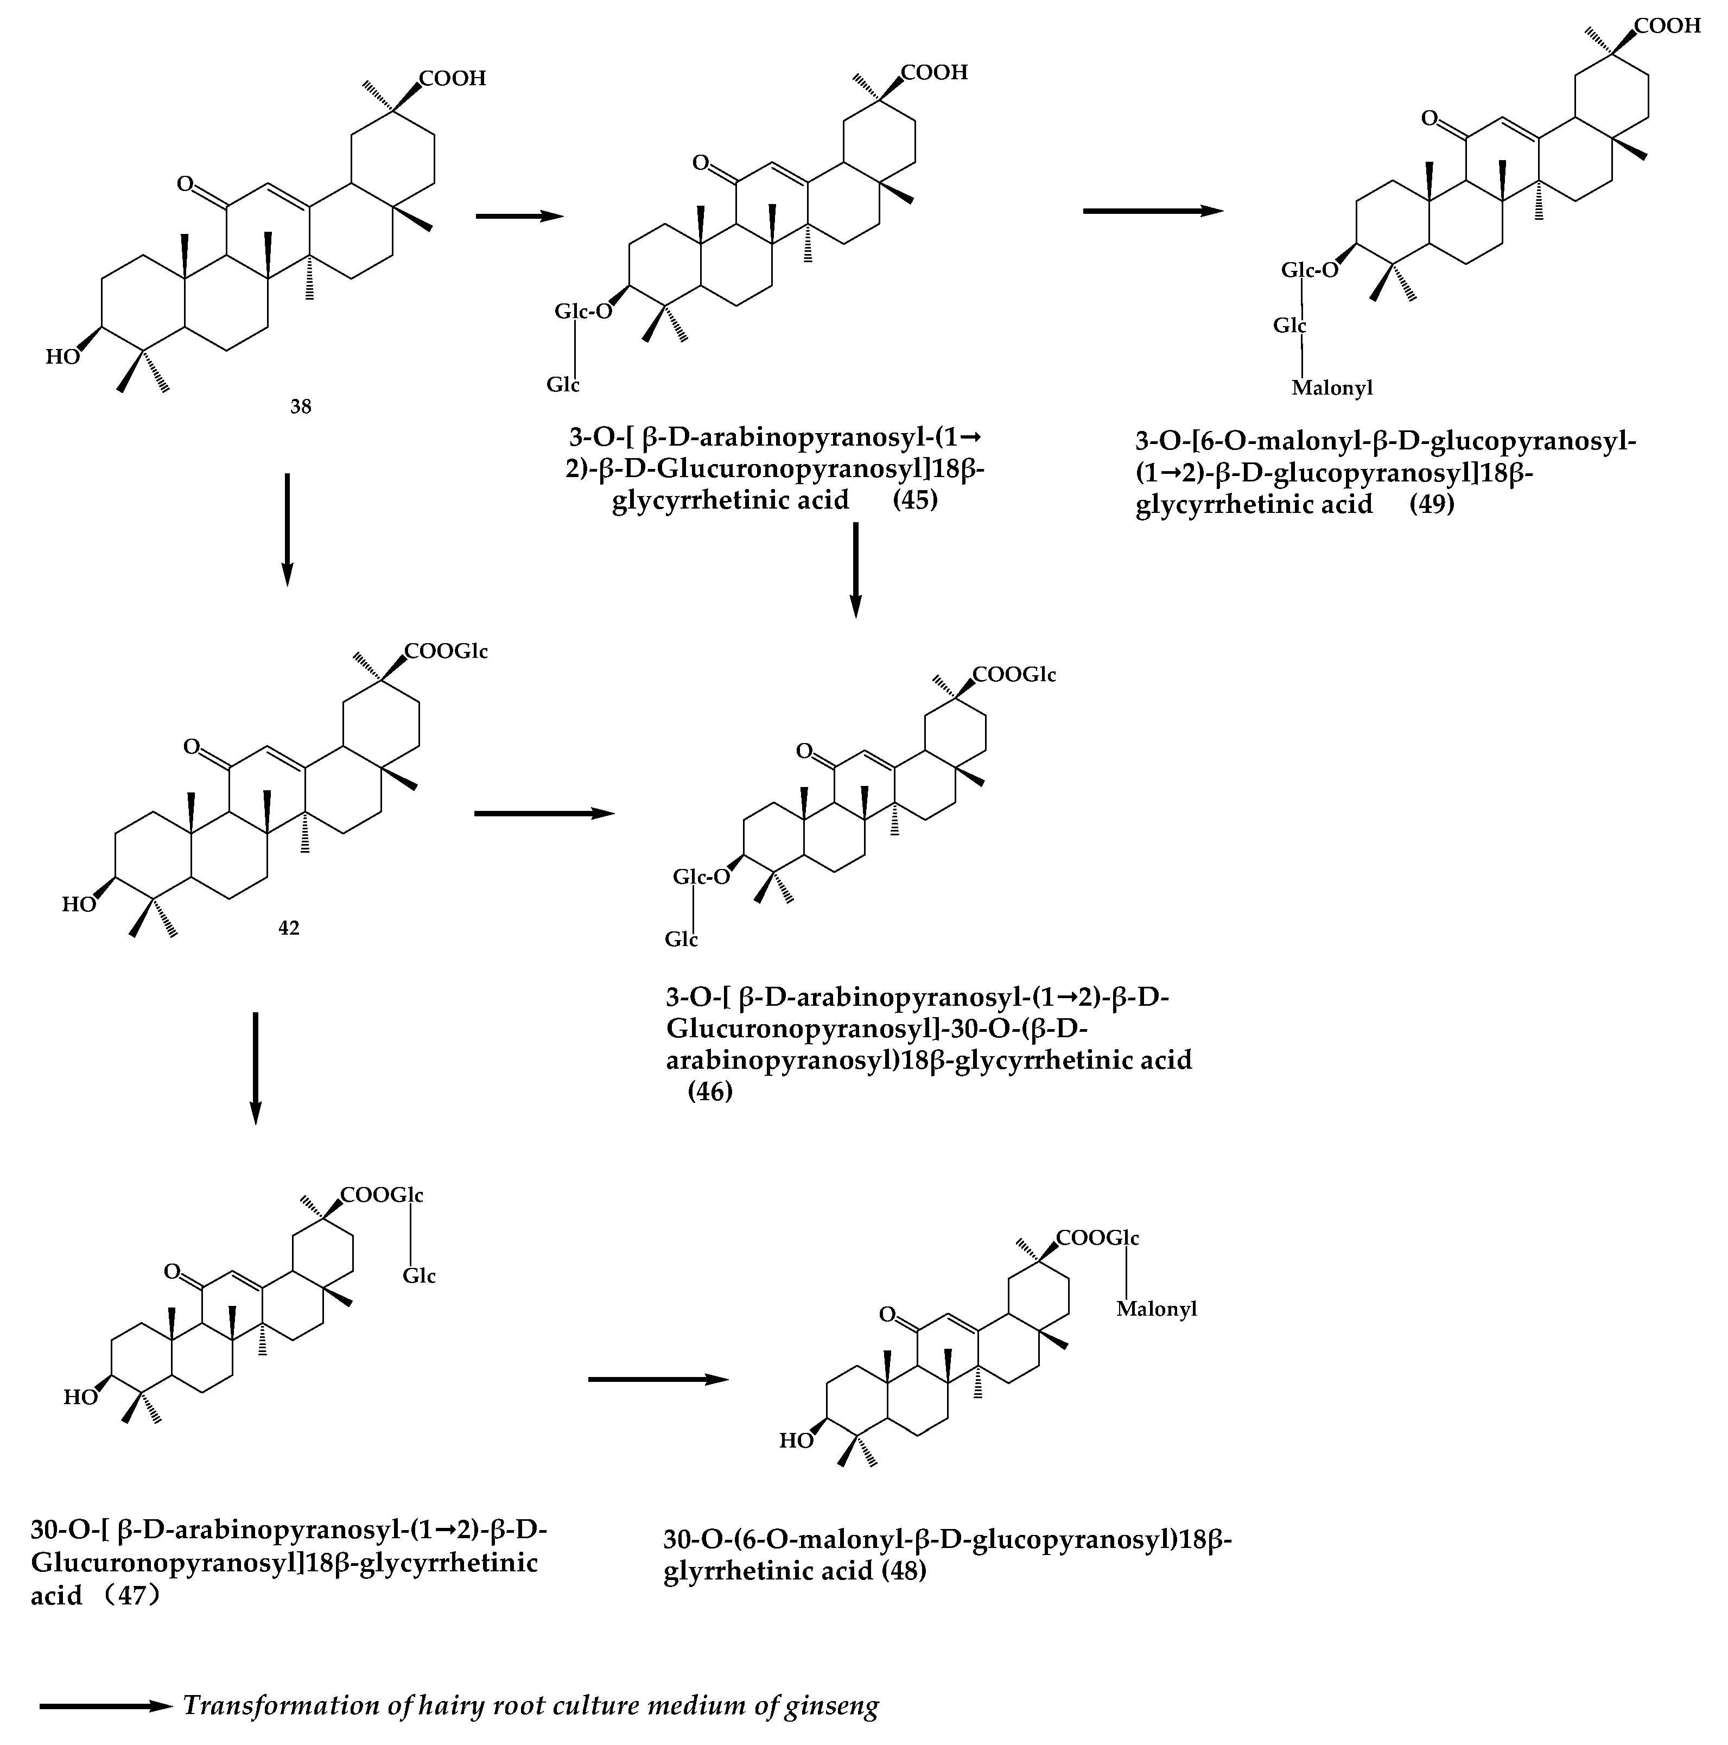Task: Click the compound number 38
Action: click(x=301, y=407)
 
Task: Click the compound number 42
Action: click(x=289, y=928)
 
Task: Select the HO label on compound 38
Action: click(x=62, y=357)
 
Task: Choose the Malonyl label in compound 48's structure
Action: click(x=1156, y=1309)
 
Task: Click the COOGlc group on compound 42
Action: click(x=446, y=651)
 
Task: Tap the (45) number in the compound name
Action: click(x=915, y=499)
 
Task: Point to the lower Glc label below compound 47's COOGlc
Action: click(x=419, y=1276)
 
